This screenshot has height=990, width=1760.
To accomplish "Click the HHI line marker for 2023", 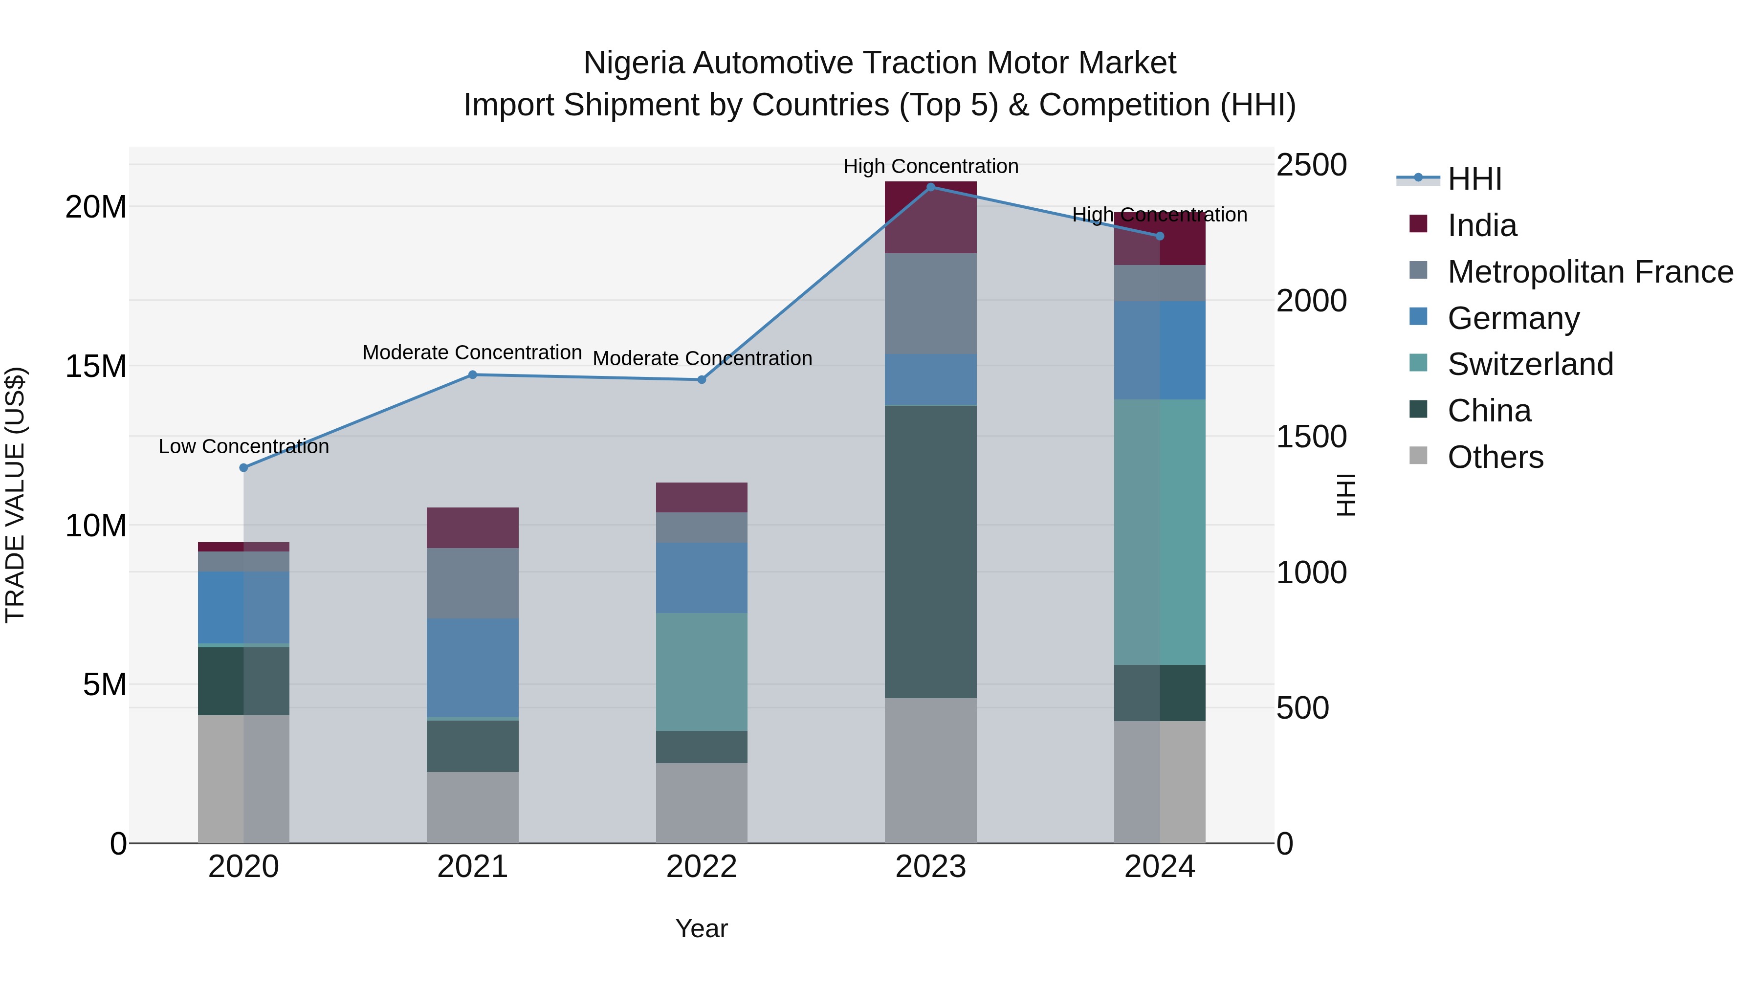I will (x=930, y=187).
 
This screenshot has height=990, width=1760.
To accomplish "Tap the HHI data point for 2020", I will (x=243, y=467).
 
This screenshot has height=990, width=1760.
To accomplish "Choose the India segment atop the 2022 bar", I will (x=701, y=497).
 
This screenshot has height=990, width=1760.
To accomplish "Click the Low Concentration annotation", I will (x=243, y=446).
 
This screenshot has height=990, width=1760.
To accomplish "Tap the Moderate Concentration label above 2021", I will (x=472, y=352).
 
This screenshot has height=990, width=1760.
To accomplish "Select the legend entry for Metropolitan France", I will (x=1590, y=271).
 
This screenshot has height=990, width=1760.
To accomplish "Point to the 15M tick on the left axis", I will (x=96, y=366).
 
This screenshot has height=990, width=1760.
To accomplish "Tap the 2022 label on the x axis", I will (x=701, y=867).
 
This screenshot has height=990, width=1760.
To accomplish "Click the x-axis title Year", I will (x=701, y=928).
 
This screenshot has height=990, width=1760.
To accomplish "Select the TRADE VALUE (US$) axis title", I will (x=15, y=495).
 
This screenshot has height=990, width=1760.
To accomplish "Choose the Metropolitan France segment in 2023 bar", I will (x=930, y=303).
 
